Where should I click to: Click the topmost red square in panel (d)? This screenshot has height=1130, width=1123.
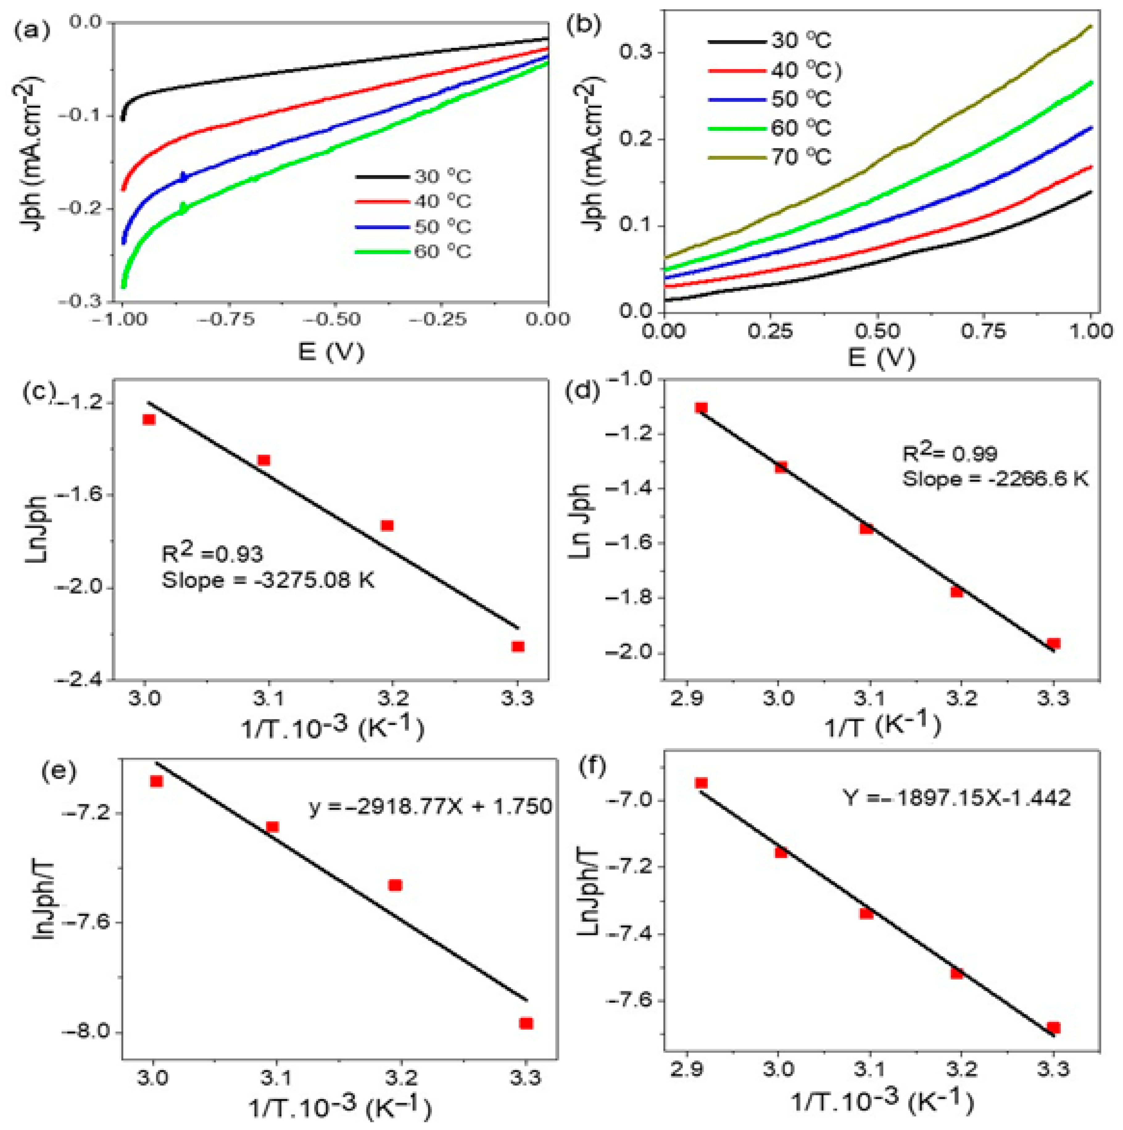(x=701, y=408)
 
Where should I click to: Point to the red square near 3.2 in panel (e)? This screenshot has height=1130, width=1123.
(x=396, y=885)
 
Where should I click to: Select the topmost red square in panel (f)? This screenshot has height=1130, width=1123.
(x=701, y=783)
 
